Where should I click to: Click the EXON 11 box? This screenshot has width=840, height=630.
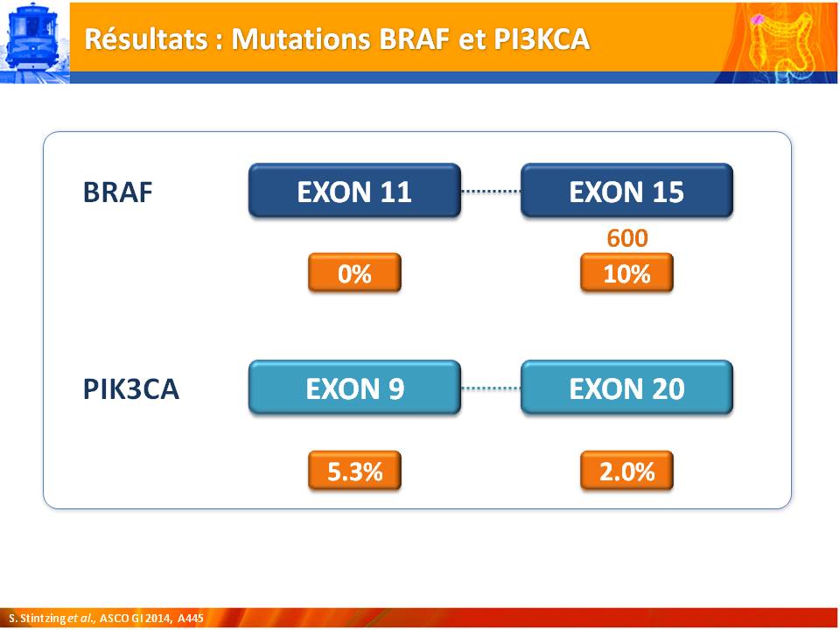354,191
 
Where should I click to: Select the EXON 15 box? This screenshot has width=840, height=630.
626,191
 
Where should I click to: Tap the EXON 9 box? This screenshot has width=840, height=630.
354,388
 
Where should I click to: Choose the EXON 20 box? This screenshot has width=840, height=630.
626,388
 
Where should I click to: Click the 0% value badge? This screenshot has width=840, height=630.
354,273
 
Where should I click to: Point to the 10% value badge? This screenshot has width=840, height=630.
626,273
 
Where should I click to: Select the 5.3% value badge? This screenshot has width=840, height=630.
354,471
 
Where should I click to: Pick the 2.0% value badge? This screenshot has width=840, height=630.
626,471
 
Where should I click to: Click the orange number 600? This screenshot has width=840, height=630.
627,238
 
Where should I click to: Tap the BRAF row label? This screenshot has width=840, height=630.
118,192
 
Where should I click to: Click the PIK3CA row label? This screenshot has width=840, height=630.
130,388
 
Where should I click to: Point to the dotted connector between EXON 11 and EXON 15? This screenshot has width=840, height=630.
491,191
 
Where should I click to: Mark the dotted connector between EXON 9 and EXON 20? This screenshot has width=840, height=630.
491,388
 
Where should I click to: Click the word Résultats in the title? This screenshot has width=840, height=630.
146,39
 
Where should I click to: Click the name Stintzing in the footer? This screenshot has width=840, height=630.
43,619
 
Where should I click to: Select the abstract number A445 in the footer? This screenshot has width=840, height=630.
191,619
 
